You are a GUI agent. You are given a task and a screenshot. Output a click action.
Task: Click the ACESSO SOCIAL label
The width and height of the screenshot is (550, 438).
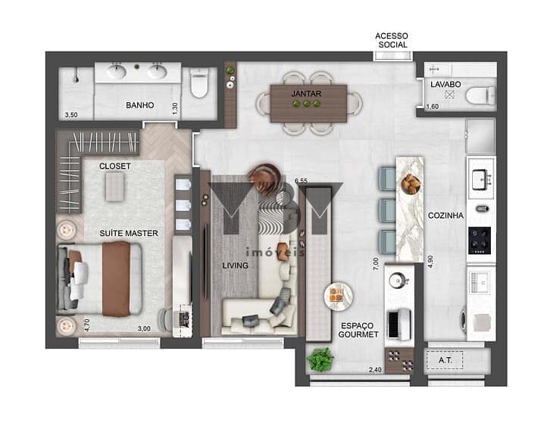392,40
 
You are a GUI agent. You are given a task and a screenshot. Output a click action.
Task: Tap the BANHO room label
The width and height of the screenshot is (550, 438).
140,105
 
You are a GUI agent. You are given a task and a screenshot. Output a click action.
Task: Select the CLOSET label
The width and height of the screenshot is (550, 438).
114,166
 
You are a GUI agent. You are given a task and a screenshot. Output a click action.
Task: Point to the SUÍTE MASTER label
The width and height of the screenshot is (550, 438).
128,233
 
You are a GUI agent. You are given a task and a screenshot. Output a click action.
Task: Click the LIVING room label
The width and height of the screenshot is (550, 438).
236,266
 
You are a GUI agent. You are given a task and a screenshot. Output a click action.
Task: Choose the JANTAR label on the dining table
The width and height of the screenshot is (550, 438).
306,94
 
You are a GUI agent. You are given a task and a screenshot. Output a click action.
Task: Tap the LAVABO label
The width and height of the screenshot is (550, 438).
445,85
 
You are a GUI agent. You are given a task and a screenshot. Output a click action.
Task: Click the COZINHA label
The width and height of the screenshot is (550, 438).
445,216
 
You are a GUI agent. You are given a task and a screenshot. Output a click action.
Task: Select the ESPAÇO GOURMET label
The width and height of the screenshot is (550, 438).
358,330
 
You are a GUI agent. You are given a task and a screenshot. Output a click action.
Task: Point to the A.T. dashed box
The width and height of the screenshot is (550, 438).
445,360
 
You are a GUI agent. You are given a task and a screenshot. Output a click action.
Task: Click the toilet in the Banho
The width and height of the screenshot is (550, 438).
199,82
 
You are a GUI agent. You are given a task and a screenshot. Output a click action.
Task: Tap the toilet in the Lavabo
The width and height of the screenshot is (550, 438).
480,95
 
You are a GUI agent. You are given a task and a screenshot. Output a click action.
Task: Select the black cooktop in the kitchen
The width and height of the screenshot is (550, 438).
480,241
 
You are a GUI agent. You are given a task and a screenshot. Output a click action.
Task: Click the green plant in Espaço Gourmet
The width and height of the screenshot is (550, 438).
320,359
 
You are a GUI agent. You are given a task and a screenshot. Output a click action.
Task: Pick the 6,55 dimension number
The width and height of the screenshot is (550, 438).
301,181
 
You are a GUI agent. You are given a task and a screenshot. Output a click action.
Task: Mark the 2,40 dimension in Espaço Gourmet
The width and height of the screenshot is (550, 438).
375,370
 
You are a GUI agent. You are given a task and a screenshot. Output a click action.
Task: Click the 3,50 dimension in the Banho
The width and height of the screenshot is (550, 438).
71,115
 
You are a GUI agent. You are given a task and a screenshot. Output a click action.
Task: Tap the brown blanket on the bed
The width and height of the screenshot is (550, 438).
116,279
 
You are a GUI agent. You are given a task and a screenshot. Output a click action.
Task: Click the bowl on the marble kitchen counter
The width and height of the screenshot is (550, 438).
411,184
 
